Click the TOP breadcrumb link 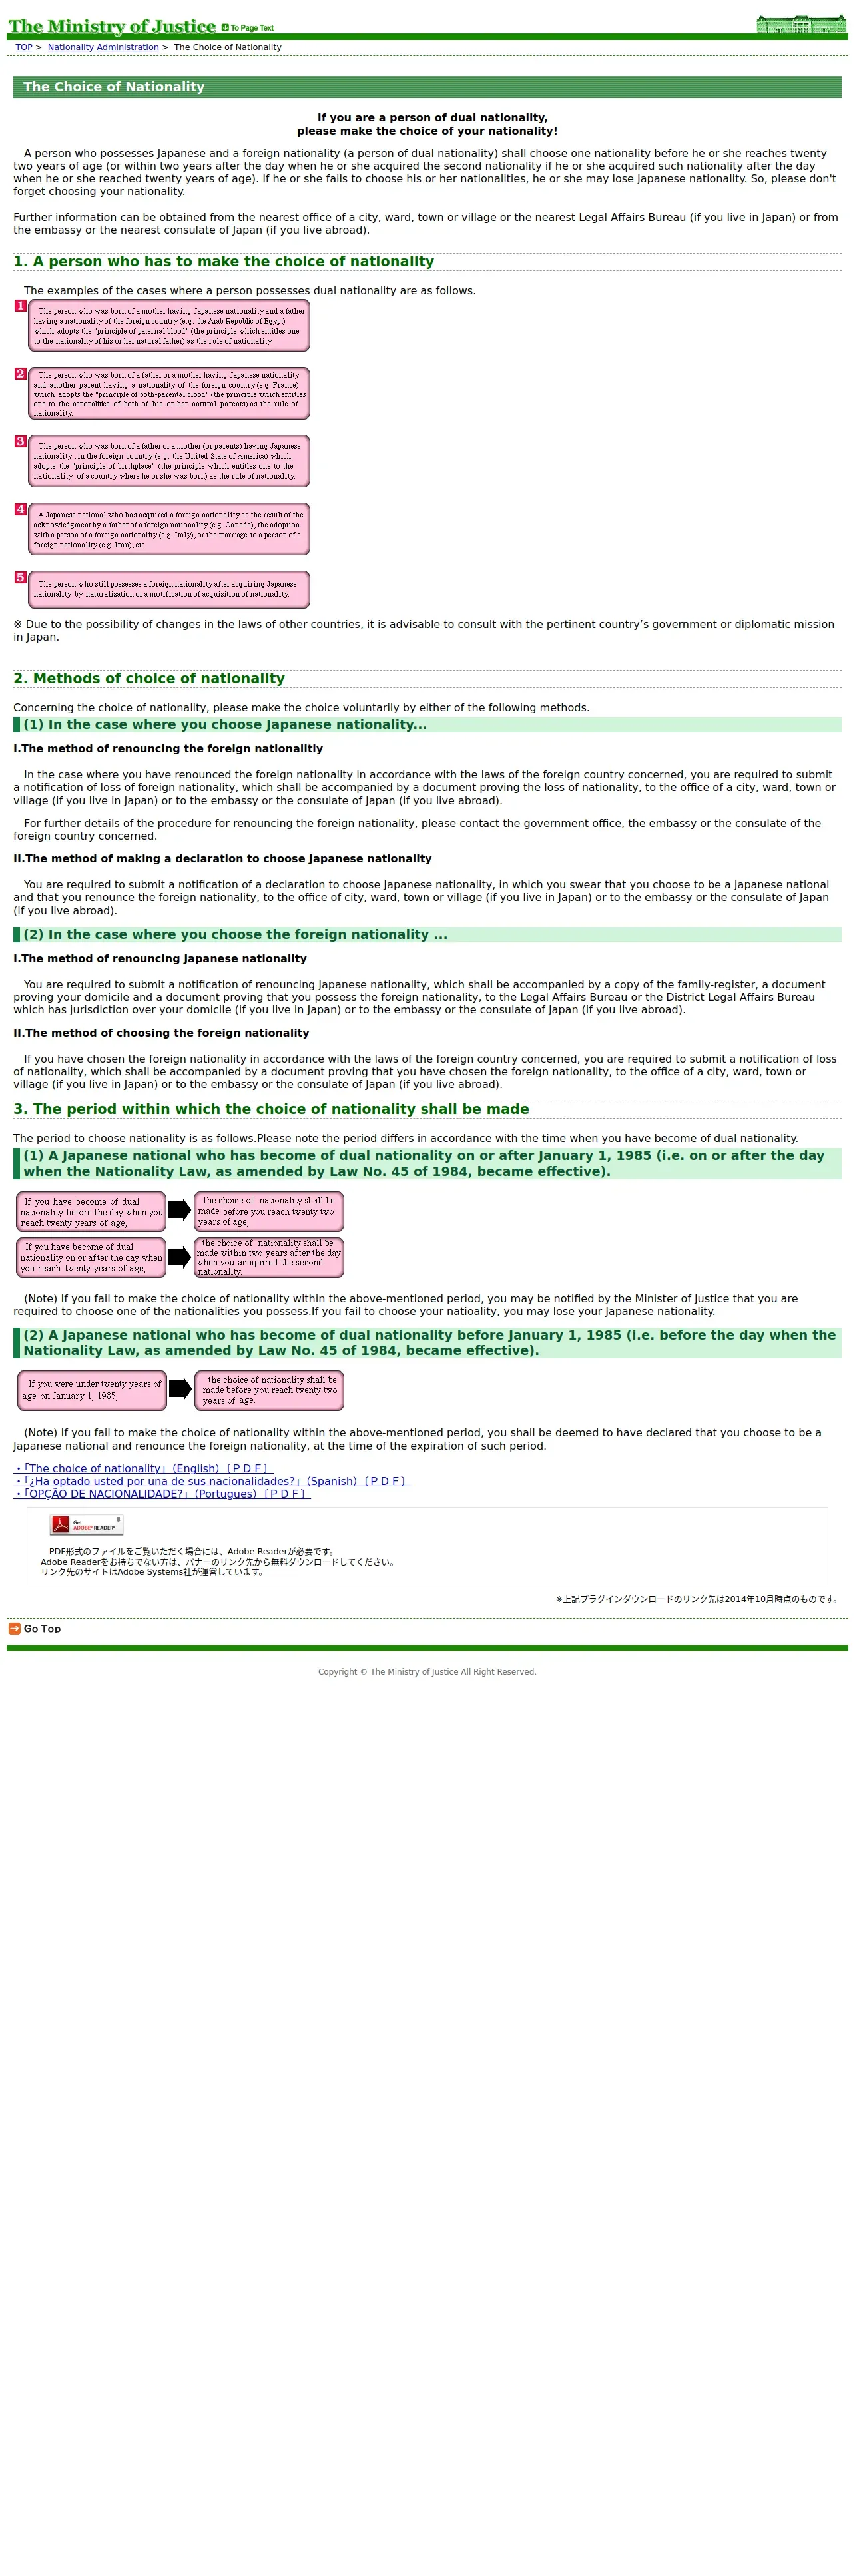point(24,47)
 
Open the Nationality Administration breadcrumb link point(103,47)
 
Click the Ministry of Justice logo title point(111,26)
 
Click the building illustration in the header point(800,24)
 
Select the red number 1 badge point(20,306)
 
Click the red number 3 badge point(20,441)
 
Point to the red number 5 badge point(20,577)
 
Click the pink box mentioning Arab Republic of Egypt point(169,326)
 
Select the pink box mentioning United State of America point(169,461)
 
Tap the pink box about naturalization point(169,589)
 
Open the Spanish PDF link point(212,1481)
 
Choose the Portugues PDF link point(162,1494)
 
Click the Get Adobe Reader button point(87,1524)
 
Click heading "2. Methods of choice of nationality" point(149,678)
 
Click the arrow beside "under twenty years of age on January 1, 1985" point(180,1389)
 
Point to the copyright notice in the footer point(427,1672)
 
